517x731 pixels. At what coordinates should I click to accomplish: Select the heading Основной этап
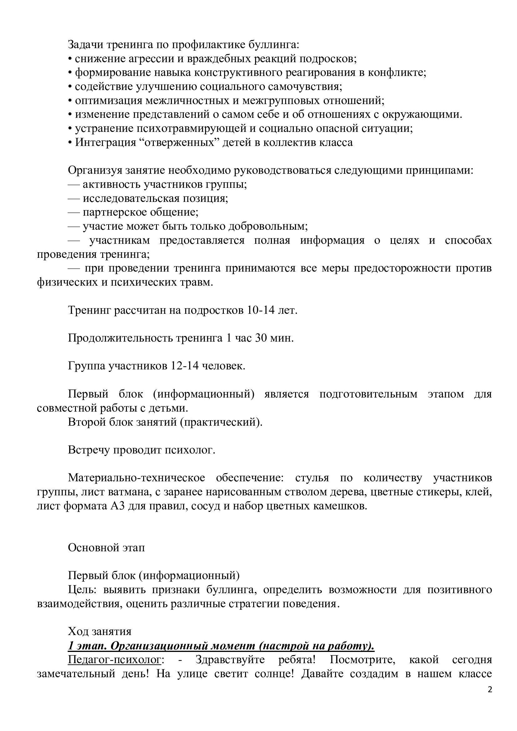pos(106,548)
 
